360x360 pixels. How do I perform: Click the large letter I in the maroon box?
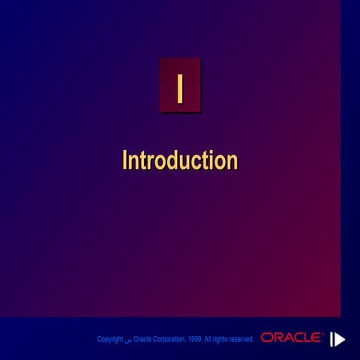pos(179,86)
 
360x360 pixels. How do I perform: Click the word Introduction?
pos(179,160)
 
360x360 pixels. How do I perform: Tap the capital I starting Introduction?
pos(124,160)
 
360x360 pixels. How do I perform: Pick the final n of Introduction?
pos(232,161)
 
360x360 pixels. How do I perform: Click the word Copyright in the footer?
pos(109,340)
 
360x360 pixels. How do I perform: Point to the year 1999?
pos(194,340)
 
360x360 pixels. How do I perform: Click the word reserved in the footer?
pos(241,340)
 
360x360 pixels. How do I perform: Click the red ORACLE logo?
pos(292,338)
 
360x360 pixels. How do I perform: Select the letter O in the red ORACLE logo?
pos(267,338)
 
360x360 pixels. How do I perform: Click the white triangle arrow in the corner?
pos(340,339)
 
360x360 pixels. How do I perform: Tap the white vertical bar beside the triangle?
pos(331,339)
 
